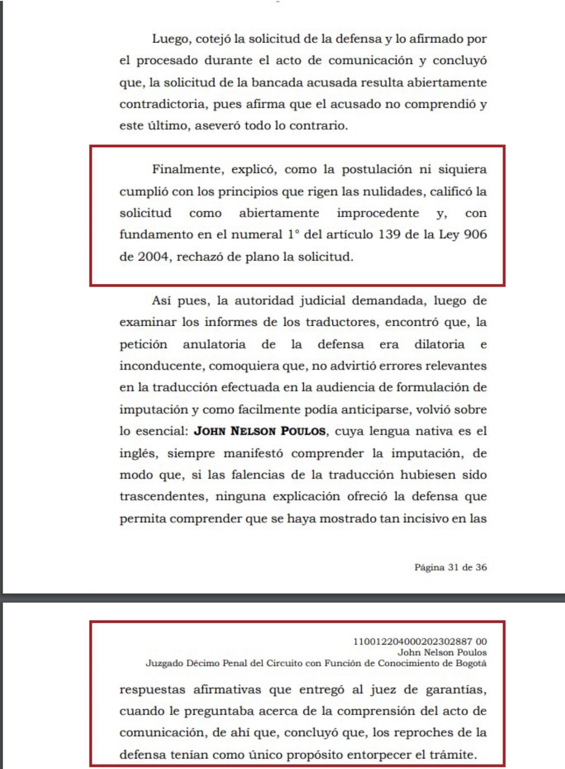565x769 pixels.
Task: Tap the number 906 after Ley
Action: coord(475,235)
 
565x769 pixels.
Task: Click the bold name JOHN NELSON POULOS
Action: coord(260,431)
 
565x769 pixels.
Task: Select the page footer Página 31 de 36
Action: coord(450,567)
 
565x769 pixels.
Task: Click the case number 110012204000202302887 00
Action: coord(420,641)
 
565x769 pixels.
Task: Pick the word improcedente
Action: coord(378,213)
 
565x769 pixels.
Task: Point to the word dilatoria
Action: coord(439,344)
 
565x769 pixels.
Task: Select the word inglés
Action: coord(138,453)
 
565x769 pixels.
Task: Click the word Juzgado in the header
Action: coord(164,663)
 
